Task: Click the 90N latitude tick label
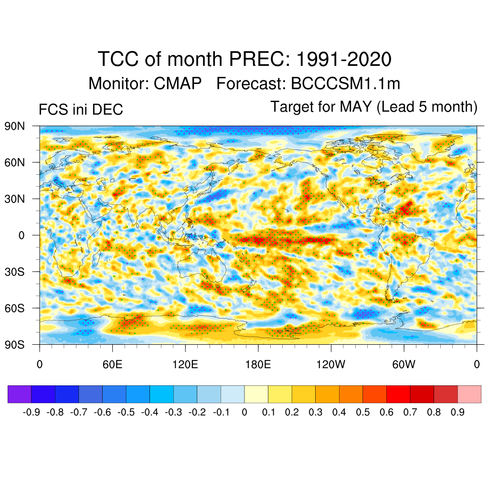[15, 126]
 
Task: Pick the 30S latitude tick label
[15, 272]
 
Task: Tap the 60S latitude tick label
[15, 308]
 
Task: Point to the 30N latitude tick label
[15, 199]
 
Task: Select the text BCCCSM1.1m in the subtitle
[345, 84]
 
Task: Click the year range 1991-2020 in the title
[344, 59]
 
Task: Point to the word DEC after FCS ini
[109, 109]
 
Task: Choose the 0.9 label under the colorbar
[457, 412]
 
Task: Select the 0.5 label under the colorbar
[363, 412]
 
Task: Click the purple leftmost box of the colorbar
[20, 394]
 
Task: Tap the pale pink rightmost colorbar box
[469, 394]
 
